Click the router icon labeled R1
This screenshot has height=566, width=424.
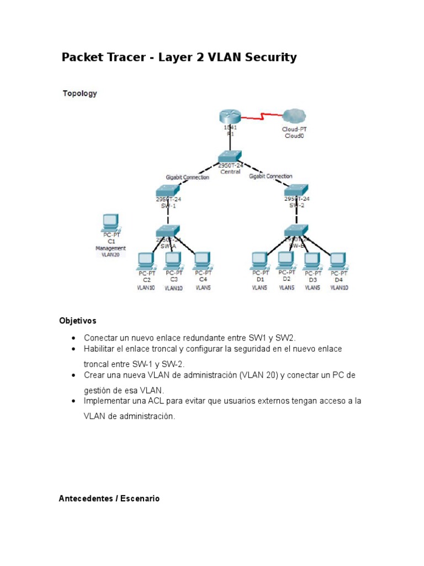(x=229, y=117)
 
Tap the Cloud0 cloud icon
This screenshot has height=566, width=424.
(x=294, y=117)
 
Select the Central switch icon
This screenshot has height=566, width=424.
(x=230, y=156)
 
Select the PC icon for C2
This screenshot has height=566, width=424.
(x=146, y=259)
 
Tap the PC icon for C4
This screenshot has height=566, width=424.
(x=202, y=259)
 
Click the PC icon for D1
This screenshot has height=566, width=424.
(x=259, y=259)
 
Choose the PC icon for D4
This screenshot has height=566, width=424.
(x=338, y=259)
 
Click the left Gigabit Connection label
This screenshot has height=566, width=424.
(x=187, y=177)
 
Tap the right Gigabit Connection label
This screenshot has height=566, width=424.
(x=271, y=176)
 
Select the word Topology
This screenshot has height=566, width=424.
(x=79, y=93)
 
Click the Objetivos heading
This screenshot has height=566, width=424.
(x=77, y=321)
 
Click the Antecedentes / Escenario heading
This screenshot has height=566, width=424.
(x=109, y=499)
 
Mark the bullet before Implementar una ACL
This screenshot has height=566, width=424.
(x=73, y=401)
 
